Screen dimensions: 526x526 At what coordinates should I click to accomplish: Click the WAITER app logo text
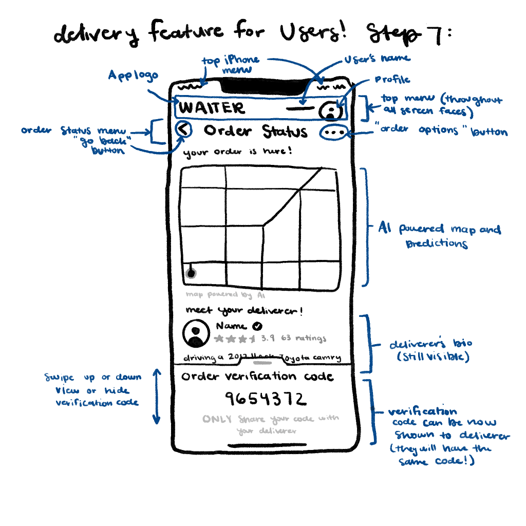[x=212, y=108]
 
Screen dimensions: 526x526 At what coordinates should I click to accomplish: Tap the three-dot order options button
[x=334, y=133]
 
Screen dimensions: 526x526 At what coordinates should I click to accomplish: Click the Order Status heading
[x=255, y=131]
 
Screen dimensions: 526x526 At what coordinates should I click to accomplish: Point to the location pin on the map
[x=191, y=273]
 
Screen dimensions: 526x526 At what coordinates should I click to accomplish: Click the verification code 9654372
[x=266, y=399]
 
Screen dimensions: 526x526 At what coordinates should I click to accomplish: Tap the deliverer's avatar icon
[x=196, y=333]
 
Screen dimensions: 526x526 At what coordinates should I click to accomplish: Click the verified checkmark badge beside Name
[x=258, y=326]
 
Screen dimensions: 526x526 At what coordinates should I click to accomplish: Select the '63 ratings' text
[x=304, y=339]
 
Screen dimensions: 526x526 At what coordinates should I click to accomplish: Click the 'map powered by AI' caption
[x=226, y=295]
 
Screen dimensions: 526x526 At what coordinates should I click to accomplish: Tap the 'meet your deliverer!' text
[x=244, y=311]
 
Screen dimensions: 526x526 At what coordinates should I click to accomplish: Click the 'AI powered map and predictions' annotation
[x=440, y=236]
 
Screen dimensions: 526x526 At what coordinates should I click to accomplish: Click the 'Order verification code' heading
[x=257, y=377]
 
